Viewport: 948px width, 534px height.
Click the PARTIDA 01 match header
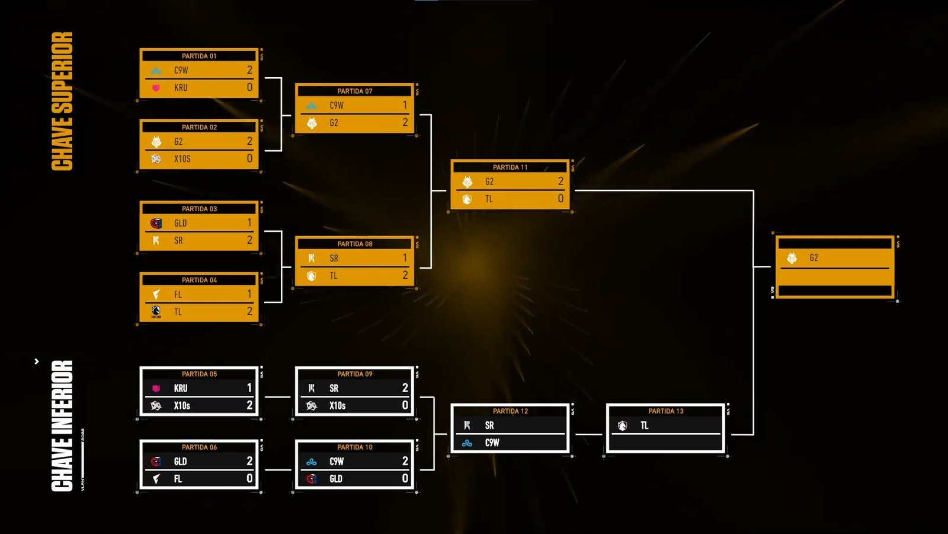pyautogui.click(x=199, y=56)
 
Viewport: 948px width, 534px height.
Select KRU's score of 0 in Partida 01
pyautogui.click(x=249, y=87)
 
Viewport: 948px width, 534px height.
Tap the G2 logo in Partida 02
pyautogui.click(x=156, y=141)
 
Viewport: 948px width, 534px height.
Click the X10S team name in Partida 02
pyautogui.click(x=182, y=159)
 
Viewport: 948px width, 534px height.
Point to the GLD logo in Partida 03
pyautogui.click(x=156, y=223)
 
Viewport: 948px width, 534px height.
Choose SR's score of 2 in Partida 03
pyautogui.click(x=249, y=240)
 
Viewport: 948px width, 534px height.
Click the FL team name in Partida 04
pyautogui.click(x=178, y=294)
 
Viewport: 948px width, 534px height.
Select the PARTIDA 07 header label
pyautogui.click(x=355, y=91)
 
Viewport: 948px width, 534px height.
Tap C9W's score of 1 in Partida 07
pyautogui.click(x=405, y=105)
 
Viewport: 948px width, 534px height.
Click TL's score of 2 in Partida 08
pyautogui.click(x=405, y=275)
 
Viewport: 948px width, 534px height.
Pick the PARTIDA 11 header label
pyautogui.click(x=510, y=167)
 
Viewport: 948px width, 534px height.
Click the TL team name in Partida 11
pyautogui.click(x=489, y=199)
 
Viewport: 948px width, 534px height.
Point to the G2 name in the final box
pyautogui.click(x=814, y=258)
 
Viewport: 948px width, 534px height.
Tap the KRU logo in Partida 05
pyautogui.click(x=156, y=389)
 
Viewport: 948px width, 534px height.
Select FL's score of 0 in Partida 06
pyautogui.click(x=249, y=478)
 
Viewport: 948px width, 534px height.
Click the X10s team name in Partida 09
pyautogui.click(x=337, y=406)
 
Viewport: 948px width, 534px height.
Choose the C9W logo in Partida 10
pyautogui.click(x=312, y=462)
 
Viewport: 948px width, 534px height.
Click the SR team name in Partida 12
pyautogui.click(x=489, y=425)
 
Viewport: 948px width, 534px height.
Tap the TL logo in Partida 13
pyautogui.click(x=622, y=425)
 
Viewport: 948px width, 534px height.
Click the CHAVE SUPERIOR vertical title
pyautogui.click(x=62, y=101)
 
